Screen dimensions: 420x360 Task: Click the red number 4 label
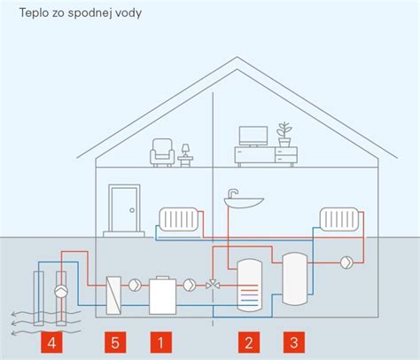click(x=51, y=342)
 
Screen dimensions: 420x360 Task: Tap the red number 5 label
click(x=115, y=342)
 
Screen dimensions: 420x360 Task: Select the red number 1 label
click(x=161, y=342)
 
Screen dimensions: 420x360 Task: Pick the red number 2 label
click(x=249, y=342)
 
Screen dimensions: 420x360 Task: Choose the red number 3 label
click(x=294, y=342)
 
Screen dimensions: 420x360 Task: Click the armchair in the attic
click(x=162, y=153)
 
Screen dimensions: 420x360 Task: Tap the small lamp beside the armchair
click(x=185, y=155)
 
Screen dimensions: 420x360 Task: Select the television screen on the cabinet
click(x=253, y=137)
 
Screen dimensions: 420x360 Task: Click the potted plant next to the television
click(x=284, y=135)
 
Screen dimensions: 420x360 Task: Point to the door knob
click(x=132, y=210)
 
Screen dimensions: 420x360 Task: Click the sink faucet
click(x=232, y=193)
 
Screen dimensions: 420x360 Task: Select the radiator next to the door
click(x=178, y=219)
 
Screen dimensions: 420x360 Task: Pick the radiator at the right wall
click(x=339, y=219)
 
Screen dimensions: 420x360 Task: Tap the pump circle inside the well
click(x=61, y=292)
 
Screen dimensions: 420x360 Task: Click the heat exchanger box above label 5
click(x=113, y=295)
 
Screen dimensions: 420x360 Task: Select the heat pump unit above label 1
click(x=163, y=295)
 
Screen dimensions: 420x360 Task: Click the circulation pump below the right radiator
click(x=346, y=262)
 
